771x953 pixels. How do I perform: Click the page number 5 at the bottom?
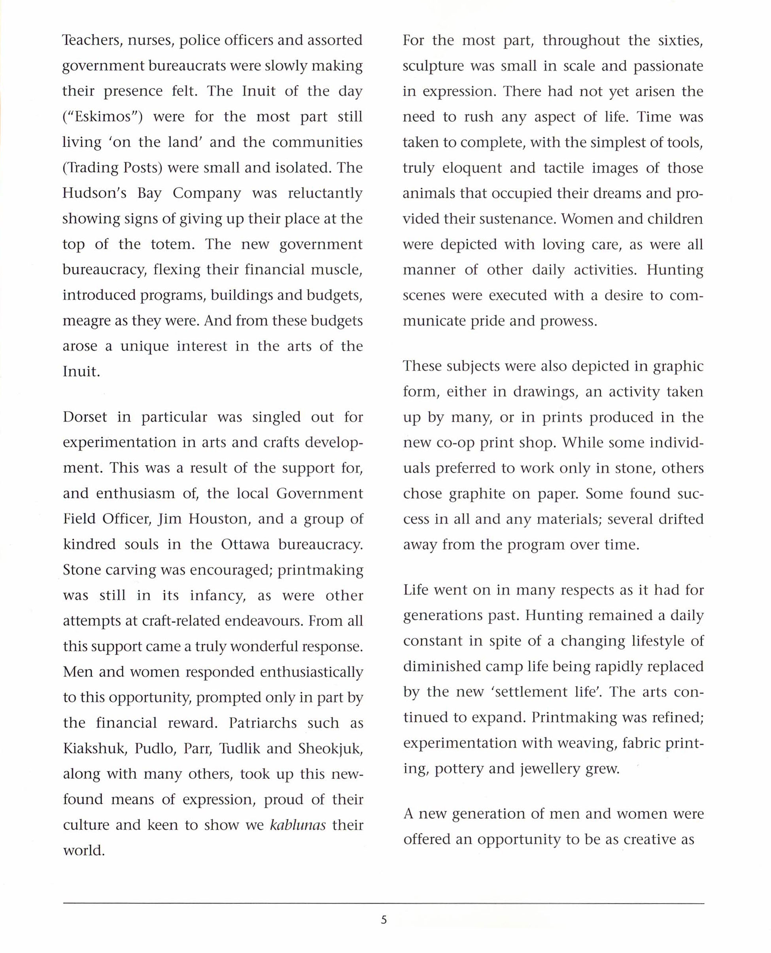pyautogui.click(x=384, y=920)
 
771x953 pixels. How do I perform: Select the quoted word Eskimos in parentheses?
pyautogui.click(x=102, y=117)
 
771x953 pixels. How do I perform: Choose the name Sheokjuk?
pyautogui.click(x=330, y=748)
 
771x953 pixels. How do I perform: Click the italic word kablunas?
pyautogui.click(x=298, y=825)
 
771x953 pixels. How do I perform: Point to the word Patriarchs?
pyautogui.click(x=263, y=723)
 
